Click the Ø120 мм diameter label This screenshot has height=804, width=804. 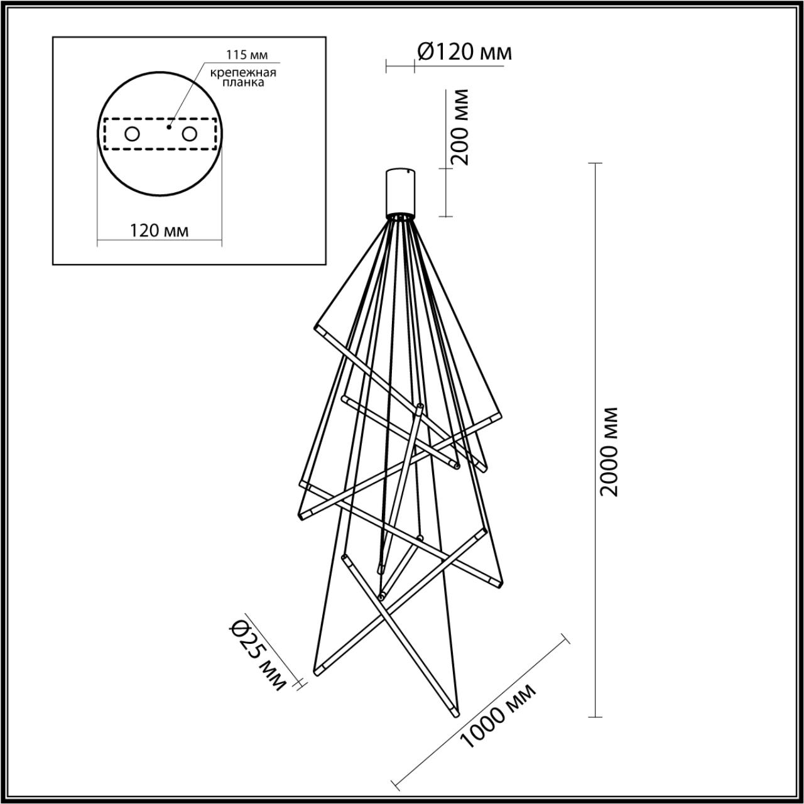tap(464, 52)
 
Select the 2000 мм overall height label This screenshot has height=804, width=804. tap(608, 451)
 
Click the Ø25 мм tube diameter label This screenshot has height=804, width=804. tap(258, 655)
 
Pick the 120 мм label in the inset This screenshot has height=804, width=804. tap(159, 231)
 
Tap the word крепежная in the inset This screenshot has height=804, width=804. tap(243, 72)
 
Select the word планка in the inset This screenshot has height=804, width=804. tap(243, 82)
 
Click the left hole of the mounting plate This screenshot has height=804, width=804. tap(132, 134)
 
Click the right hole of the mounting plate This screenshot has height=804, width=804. tap(188, 134)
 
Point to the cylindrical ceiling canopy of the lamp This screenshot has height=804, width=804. tap(399, 191)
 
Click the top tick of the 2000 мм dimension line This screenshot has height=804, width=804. tap(594, 163)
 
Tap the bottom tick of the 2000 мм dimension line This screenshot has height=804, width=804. tap(594, 717)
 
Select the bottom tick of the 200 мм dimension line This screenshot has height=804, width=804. tap(445, 217)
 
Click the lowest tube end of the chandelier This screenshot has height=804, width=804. tap(454, 714)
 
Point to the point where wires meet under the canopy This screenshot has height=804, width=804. tap(399, 218)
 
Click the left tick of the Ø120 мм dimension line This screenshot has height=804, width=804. tap(386, 63)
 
